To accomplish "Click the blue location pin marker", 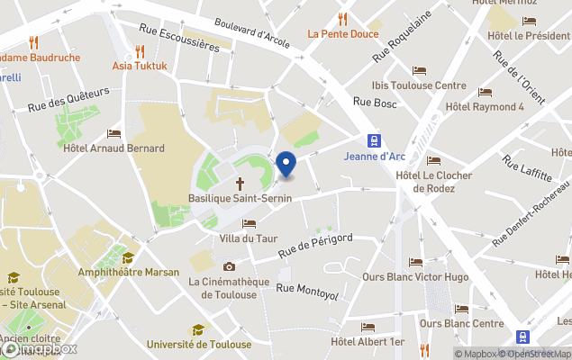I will (286, 165).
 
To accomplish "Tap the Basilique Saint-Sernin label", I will (239, 198).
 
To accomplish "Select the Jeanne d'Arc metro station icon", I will (372, 140).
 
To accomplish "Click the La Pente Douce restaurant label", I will (342, 34).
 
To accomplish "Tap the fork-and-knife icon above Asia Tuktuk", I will (139, 51).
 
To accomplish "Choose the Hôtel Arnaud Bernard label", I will (113, 148).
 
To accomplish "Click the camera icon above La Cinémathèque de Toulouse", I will (229, 266).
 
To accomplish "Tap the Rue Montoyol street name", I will (306, 289).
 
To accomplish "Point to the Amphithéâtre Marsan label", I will (128, 272).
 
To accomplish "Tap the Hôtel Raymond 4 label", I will (485, 106).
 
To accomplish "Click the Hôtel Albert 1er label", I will (368, 342).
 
